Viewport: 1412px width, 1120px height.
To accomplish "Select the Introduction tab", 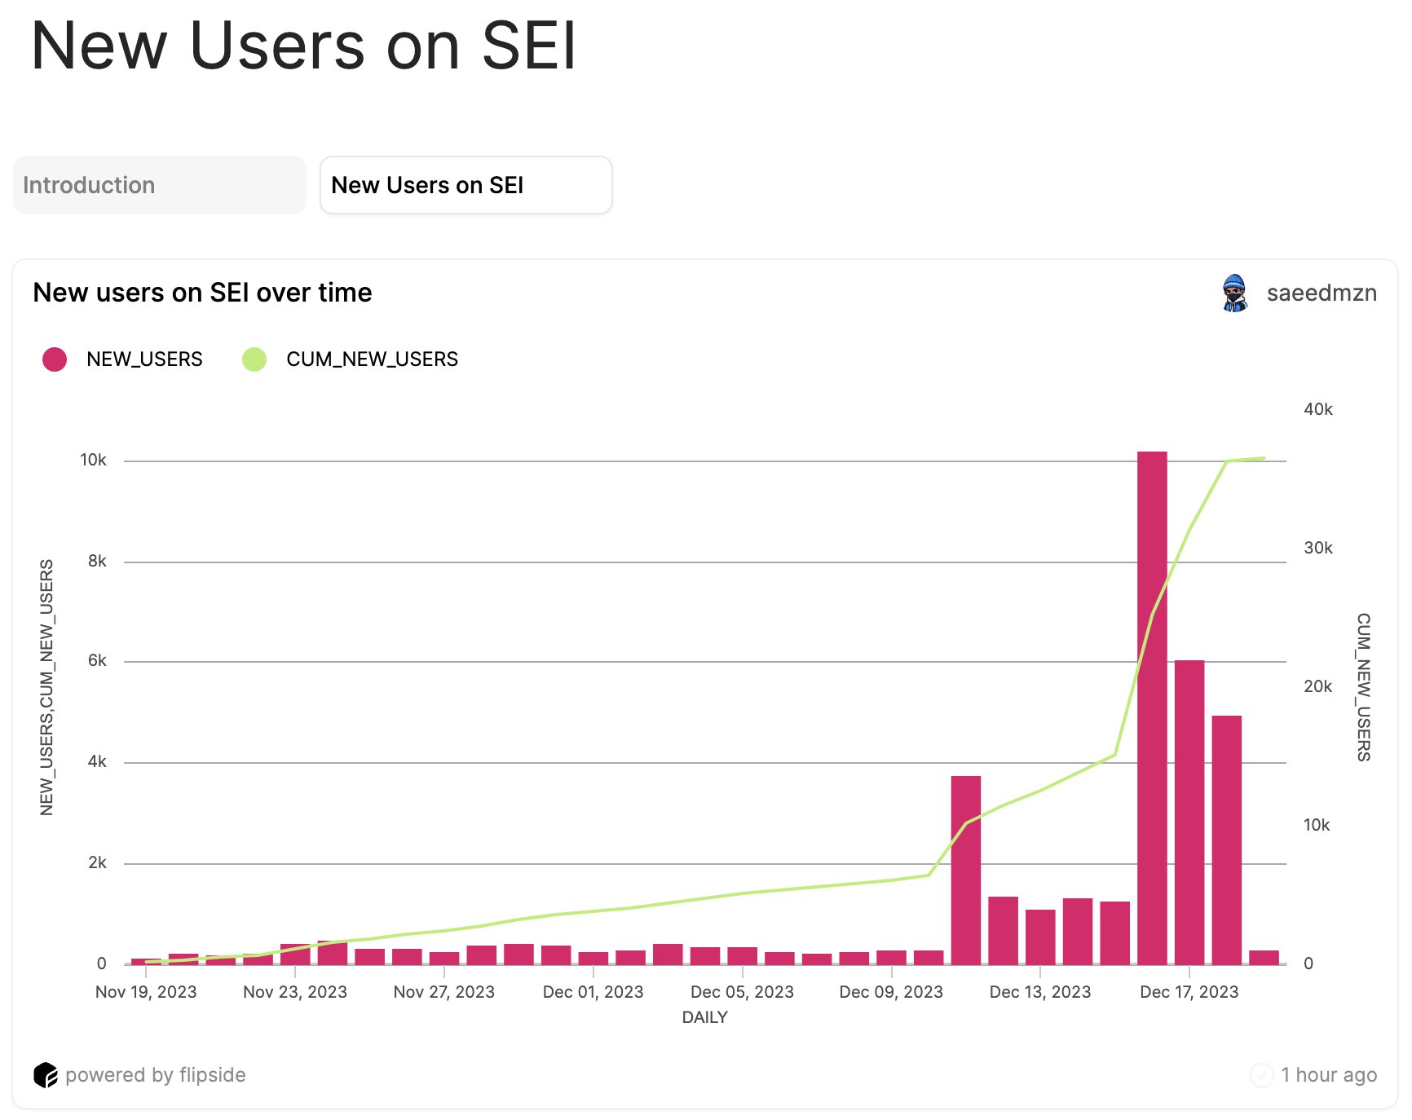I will [x=160, y=186].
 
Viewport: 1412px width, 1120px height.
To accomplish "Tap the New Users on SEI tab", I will [x=466, y=186].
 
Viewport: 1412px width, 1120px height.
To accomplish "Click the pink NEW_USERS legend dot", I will [x=55, y=359].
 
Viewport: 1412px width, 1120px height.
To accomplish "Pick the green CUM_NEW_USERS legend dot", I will [x=254, y=359].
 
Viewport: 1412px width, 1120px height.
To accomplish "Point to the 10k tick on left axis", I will [x=93, y=461].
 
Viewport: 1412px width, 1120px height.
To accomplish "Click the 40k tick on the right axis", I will [x=1317, y=409].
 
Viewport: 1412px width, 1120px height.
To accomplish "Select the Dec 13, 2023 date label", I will [x=1039, y=992].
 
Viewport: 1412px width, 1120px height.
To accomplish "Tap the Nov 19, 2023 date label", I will [x=146, y=992].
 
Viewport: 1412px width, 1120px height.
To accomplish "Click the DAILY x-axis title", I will [x=704, y=1017].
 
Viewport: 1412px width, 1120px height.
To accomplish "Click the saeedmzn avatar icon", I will [x=1235, y=293].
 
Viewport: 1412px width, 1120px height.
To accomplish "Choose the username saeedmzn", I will [x=1321, y=293].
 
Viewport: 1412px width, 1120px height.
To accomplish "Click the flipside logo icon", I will [x=46, y=1075].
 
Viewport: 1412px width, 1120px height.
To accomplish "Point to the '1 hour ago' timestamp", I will [x=1328, y=1075].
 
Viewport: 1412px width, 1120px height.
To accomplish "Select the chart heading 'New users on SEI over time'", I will [x=202, y=293].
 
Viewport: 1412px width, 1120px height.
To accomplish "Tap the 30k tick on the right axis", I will [x=1317, y=548].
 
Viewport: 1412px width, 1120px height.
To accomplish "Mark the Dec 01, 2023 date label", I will [x=593, y=992].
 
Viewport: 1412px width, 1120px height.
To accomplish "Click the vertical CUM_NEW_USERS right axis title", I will [x=1363, y=687].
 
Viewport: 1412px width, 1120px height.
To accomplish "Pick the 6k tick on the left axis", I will [x=97, y=661].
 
